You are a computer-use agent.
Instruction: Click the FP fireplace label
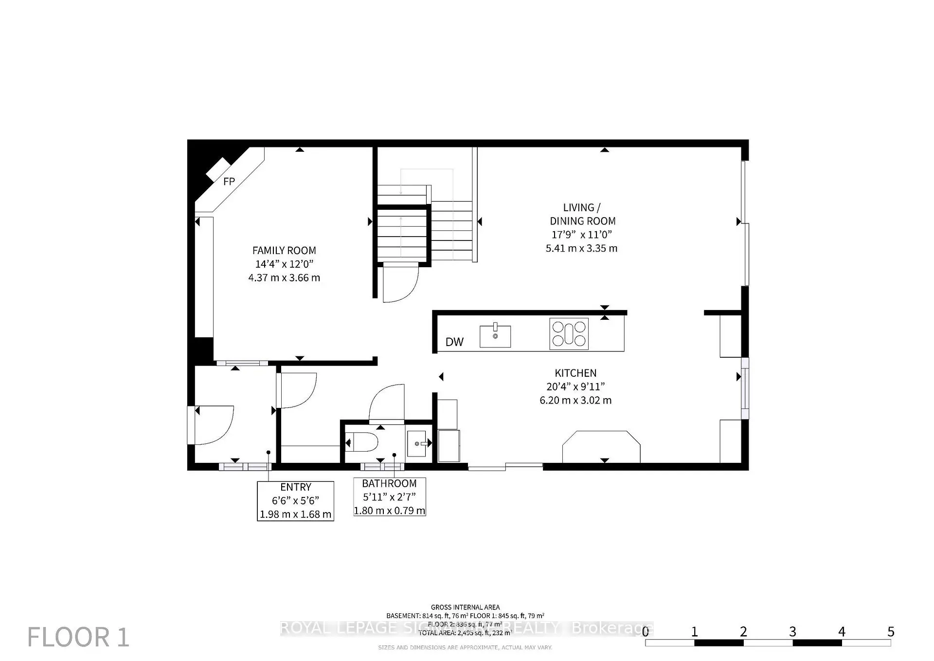(229, 182)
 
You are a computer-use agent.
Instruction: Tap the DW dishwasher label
(454, 342)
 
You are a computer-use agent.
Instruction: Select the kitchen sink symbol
(495, 336)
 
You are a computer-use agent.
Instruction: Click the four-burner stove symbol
(569, 334)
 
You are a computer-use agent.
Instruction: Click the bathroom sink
(416, 443)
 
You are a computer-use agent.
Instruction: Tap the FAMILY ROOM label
(284, 251)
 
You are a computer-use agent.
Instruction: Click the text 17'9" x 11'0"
(582, 235)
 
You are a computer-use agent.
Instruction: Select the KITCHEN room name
(575, 373)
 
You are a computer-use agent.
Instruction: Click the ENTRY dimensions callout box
(295, 501)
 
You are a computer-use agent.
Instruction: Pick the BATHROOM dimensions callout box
(389, 497)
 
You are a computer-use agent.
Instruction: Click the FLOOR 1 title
(78, 637)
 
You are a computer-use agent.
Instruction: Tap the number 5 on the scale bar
(890, 632)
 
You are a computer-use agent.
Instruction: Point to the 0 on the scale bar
(646, 632)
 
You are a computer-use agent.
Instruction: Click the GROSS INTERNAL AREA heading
(465, 607)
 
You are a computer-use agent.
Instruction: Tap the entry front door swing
(214, 425)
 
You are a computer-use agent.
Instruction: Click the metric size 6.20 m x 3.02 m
(575, 401)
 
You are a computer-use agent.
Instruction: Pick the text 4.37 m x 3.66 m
(284, 278)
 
